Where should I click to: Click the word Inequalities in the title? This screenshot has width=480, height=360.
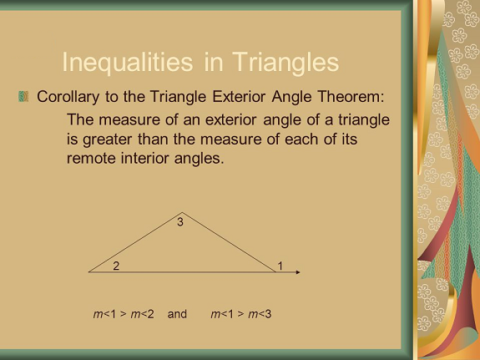[x=128, y=63]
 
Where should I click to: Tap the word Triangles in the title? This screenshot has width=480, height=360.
[x=285, y=63]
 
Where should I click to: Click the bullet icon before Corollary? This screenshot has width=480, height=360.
[x=23, y=96]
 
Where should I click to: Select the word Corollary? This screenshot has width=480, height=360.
[x=68, y=97]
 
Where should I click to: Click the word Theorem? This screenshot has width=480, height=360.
[x=351, y=97]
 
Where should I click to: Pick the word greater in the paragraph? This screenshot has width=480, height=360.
[x=107, y=139]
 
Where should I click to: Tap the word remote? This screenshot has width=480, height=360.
[x=91, y=159]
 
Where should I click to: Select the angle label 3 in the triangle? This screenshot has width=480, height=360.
[x=180, y=222]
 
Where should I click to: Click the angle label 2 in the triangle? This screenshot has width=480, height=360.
[x=116, y=266]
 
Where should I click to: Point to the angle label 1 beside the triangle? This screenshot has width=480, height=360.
[x=280, y=266]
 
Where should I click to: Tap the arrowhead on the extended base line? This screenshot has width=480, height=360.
[x=298, y=272]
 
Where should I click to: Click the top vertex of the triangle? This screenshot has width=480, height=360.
[x=182, y=212]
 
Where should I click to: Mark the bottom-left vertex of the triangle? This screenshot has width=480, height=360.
[x=88, y=272]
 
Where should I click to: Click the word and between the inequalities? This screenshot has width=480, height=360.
[x=177, y=314]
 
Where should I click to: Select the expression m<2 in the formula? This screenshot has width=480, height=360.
[x=143, y=314]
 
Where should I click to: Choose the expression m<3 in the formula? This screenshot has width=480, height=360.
[x=260, y=314]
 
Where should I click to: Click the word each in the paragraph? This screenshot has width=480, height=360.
[x=302, y=139]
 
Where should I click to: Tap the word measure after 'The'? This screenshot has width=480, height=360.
[x=129, y=119]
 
